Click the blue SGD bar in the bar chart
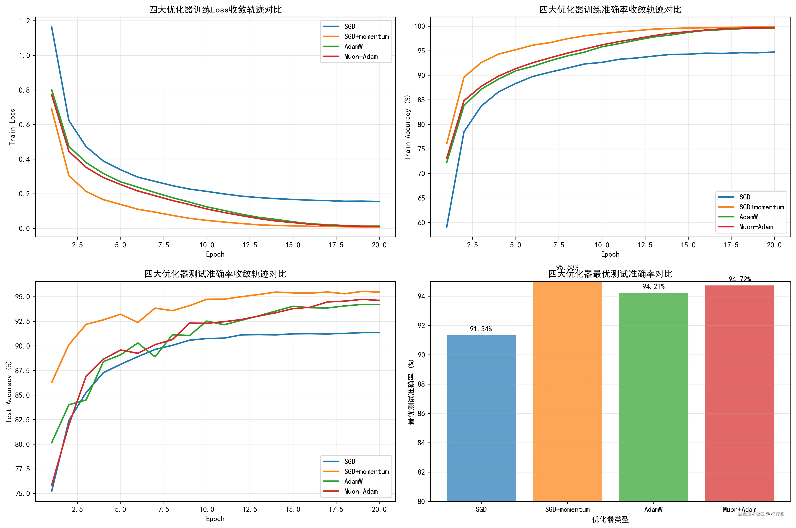[481, 418]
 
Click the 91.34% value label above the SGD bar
[481, 329]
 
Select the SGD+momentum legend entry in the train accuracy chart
[761, 207]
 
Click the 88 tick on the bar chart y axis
[421, 384]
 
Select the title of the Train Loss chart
[215, 9]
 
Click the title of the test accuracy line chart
[215, 274]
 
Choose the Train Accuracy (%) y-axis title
[408, 127]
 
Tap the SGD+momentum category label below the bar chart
[567, 509]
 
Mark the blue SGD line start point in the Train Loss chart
[51, 27]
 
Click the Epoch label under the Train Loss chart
[215, 254]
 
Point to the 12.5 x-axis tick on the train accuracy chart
[645, 245]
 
